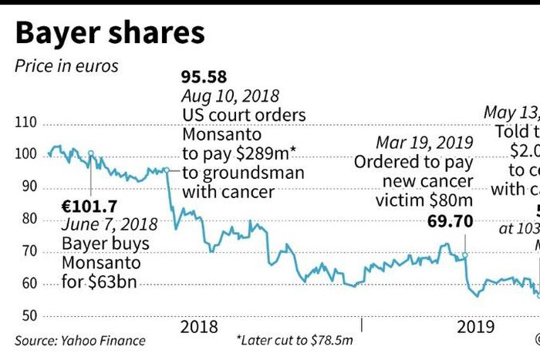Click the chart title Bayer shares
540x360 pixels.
point(110,33)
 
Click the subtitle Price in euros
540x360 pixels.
point(66,66)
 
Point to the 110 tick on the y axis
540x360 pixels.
point(26,123)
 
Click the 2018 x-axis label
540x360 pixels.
point(199,327)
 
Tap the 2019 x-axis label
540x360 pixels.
point(476,327)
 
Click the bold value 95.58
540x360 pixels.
point(205,78)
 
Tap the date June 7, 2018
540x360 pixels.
point(110,225)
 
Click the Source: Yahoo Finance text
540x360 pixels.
point(79,340)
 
